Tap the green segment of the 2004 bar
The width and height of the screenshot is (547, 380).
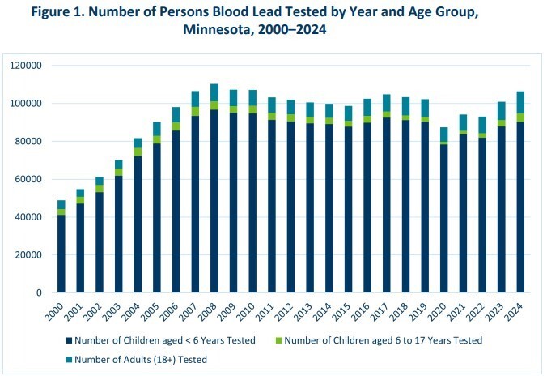point(138,152)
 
